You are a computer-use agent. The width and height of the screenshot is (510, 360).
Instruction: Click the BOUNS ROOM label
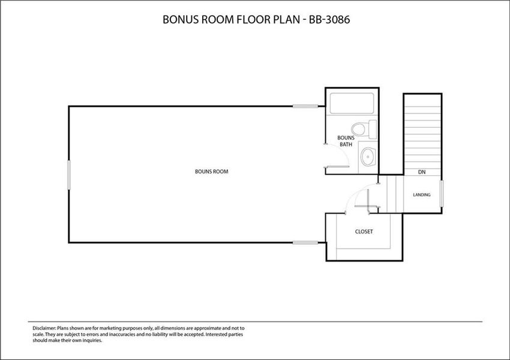pyautogui.click(x=211, y=172)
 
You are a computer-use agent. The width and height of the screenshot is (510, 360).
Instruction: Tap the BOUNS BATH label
pyautogui.click(x=346, y=141)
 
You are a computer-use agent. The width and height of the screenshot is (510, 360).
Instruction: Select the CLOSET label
pyautogui.click(x=364, y=231)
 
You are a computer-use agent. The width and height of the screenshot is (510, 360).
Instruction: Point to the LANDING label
pyautogui.click(x=422, y=195)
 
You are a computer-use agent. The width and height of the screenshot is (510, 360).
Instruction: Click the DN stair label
pyautogui.click(x=422, y=172)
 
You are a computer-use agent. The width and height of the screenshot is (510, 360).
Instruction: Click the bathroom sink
pyautogui.click(x=367, y=157)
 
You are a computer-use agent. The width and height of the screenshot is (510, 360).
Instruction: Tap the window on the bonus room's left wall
pyautogui.click(x=69, y=174)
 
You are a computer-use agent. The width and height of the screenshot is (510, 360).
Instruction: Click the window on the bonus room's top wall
pyautogui.click(x=305, y=107)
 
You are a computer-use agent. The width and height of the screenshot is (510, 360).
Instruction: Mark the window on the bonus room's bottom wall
pyautogui.click(x=305, y=242)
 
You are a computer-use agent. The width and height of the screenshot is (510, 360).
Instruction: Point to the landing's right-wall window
pyautogui.click(x=442, y=194)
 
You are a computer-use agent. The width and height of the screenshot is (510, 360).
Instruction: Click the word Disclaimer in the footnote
pyautogui.click(x=43, y=328)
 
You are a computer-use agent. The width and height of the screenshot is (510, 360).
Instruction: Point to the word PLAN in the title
pyautogui.click(x=289, y=20)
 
